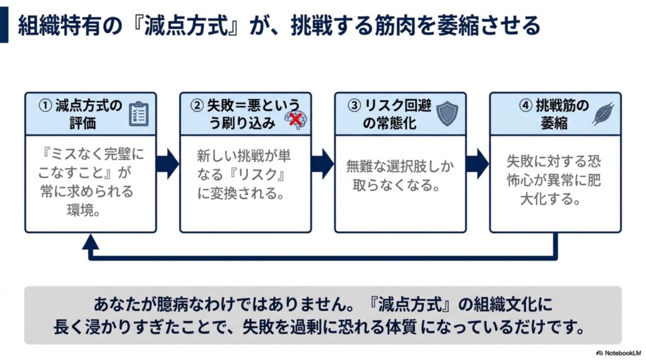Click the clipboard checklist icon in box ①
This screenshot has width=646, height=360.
tap(139, 113)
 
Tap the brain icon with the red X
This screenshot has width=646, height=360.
tap(296, 119)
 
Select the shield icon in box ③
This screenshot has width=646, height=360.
tap(447, 113)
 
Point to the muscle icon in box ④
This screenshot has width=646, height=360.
tap(603, 113)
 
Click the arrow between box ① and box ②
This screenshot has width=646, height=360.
tap(167, 163)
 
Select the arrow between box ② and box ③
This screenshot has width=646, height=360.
tap(322, 163)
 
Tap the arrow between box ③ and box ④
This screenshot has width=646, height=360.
tap(477, 163)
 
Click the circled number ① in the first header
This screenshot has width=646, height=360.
tap(45, 106)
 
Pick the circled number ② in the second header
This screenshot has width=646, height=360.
tap(197, 106)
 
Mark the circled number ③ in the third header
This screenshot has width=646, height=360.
tap(355, 106)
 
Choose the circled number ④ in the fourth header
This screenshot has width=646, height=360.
tap(526, 106)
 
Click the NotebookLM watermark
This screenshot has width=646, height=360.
tap(618, 353)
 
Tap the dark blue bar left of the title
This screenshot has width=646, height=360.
tap(4, 24)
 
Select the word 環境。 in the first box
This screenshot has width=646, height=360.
tap(84, 211)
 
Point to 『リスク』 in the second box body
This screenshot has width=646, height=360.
tap(257, 175)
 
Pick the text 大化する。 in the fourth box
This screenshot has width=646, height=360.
tap(550, 199)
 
